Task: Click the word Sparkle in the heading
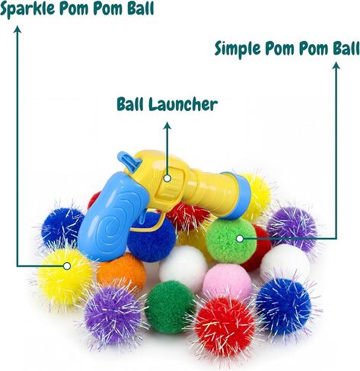coord(27,9)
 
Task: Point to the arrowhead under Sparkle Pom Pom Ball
coord(18,30)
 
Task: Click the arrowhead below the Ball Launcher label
coord(167,125)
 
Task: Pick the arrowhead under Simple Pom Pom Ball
coord(336,65)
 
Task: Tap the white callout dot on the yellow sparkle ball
coord(67,266)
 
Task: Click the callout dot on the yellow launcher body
coord(167,178)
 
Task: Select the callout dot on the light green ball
coord(240,239)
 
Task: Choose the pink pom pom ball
coord(227,280)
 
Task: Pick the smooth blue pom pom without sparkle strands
coord(151,238)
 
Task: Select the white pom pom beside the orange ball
coord(183,267)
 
